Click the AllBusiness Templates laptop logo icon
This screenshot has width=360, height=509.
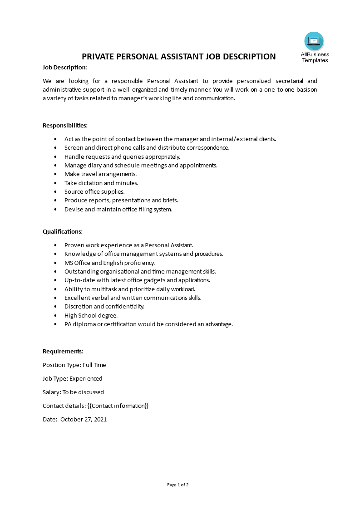pos(314,41)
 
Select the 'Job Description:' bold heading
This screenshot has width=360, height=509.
pos(64,68)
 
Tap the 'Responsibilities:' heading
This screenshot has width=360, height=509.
pos(65,125)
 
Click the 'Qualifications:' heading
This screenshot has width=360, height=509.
pos(63,231)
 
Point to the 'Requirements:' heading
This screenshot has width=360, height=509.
pos(63,351)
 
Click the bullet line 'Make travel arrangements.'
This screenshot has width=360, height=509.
pos(100,174)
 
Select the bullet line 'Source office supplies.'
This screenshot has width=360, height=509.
pos(94,192)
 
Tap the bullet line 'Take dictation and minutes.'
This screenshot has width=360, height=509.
pos(101,183)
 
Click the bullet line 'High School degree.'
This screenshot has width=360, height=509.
pos(91,315)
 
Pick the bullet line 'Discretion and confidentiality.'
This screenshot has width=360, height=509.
pos(104,307)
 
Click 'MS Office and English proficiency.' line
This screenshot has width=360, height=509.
pos(109,263)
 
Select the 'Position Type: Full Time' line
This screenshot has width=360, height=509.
pos(74,365)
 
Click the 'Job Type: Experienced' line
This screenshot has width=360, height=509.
pos(73,378)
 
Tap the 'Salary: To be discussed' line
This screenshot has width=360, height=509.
pos(73,392)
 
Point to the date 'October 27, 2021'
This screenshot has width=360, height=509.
pos(84,419)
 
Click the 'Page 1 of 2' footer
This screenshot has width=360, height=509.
pos(178,485)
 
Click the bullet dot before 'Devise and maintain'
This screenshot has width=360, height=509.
pos(55,210)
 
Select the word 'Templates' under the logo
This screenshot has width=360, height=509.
pos(315,60)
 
